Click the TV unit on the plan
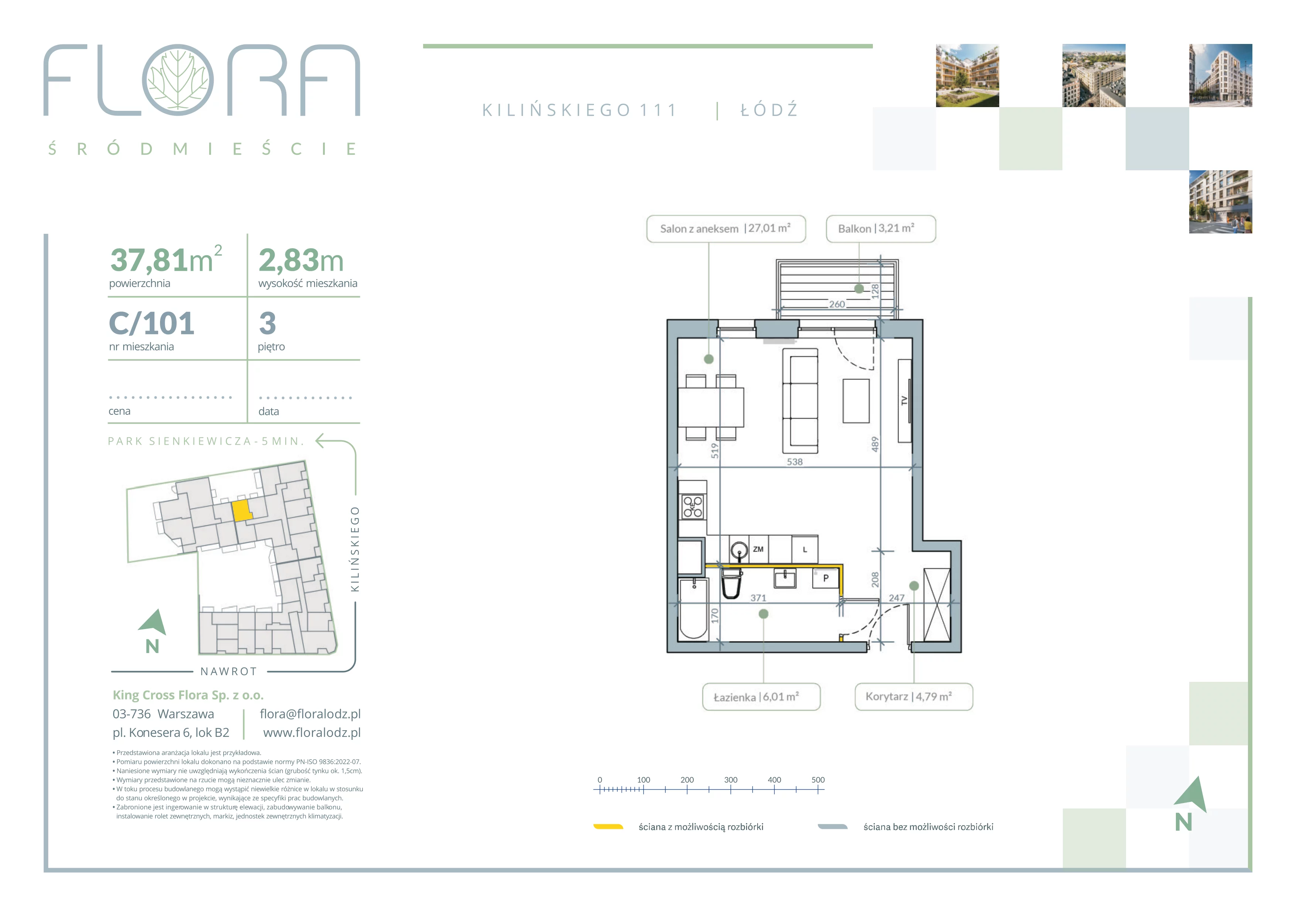pos(904,400)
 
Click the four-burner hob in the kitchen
pos(693,506)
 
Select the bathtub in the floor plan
pos(694,609)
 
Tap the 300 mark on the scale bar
pos(731,780)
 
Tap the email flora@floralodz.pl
pos(310,714)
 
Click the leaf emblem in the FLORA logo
pos(178,80)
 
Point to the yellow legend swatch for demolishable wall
pos(608,827)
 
